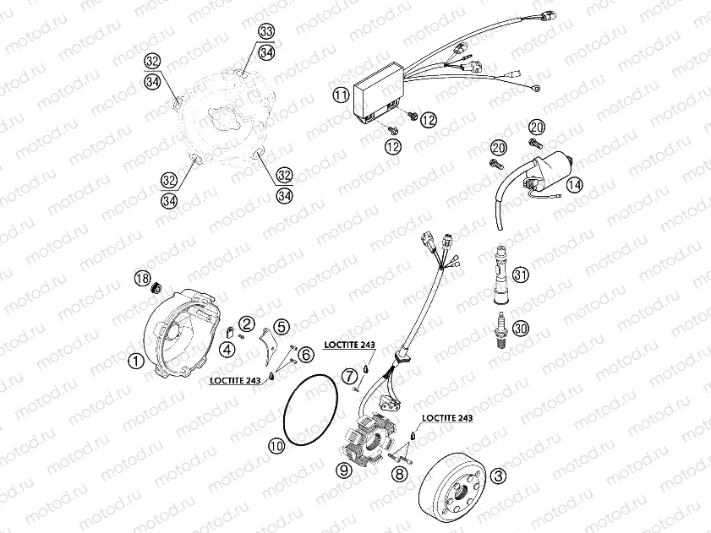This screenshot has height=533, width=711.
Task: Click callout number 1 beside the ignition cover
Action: pyautogui.click(x=134, y=362)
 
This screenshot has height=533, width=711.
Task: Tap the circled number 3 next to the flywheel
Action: pyautogui.click(x=499, y=477)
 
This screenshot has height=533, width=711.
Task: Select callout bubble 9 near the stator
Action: pyautogui.click(x=343, y=471)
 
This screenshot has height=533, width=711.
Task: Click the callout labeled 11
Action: pyautogui.click(x=340, y=95)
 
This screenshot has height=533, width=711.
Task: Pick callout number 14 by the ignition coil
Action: pyautogui.click(x=575, y=185)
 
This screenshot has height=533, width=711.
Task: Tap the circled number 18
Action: pyautogui.click(x=143, y=279)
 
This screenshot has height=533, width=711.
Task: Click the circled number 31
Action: pyautogui.click(x=521, y=275)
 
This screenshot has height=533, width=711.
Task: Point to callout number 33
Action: pyautogui.click(x=266, y=31)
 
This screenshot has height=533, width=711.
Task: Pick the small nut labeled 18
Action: pyautogui.click(x=157, y=290)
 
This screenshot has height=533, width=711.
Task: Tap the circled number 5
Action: pyautogui.click(x=281, y=326)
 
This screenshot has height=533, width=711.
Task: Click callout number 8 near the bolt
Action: pyautogui.click(x=400, y=473)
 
